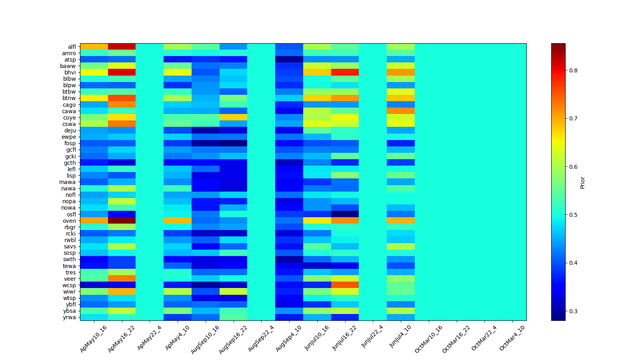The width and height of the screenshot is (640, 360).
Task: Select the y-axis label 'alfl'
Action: coord(72,47)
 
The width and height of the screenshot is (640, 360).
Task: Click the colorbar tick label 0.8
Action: coord(573,70)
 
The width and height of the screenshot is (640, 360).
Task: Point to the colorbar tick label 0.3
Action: coord(573,311)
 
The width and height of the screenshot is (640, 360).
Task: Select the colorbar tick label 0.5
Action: coord(573,215)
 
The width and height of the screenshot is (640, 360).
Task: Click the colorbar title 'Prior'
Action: coord(582,182)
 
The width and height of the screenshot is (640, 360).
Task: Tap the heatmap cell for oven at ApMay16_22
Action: coord(122,221)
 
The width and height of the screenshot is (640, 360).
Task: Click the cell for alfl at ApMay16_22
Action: coord(122,47)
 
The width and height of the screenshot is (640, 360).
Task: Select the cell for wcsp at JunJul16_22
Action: coord(345,285)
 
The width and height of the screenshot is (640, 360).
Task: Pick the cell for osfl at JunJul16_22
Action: coord(345,214)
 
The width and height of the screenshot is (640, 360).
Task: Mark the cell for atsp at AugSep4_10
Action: coord(289,60)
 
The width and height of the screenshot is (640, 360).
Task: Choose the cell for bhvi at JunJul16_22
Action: coord(345,72)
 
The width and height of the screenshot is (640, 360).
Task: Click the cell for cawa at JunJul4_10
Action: coord(401,111)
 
